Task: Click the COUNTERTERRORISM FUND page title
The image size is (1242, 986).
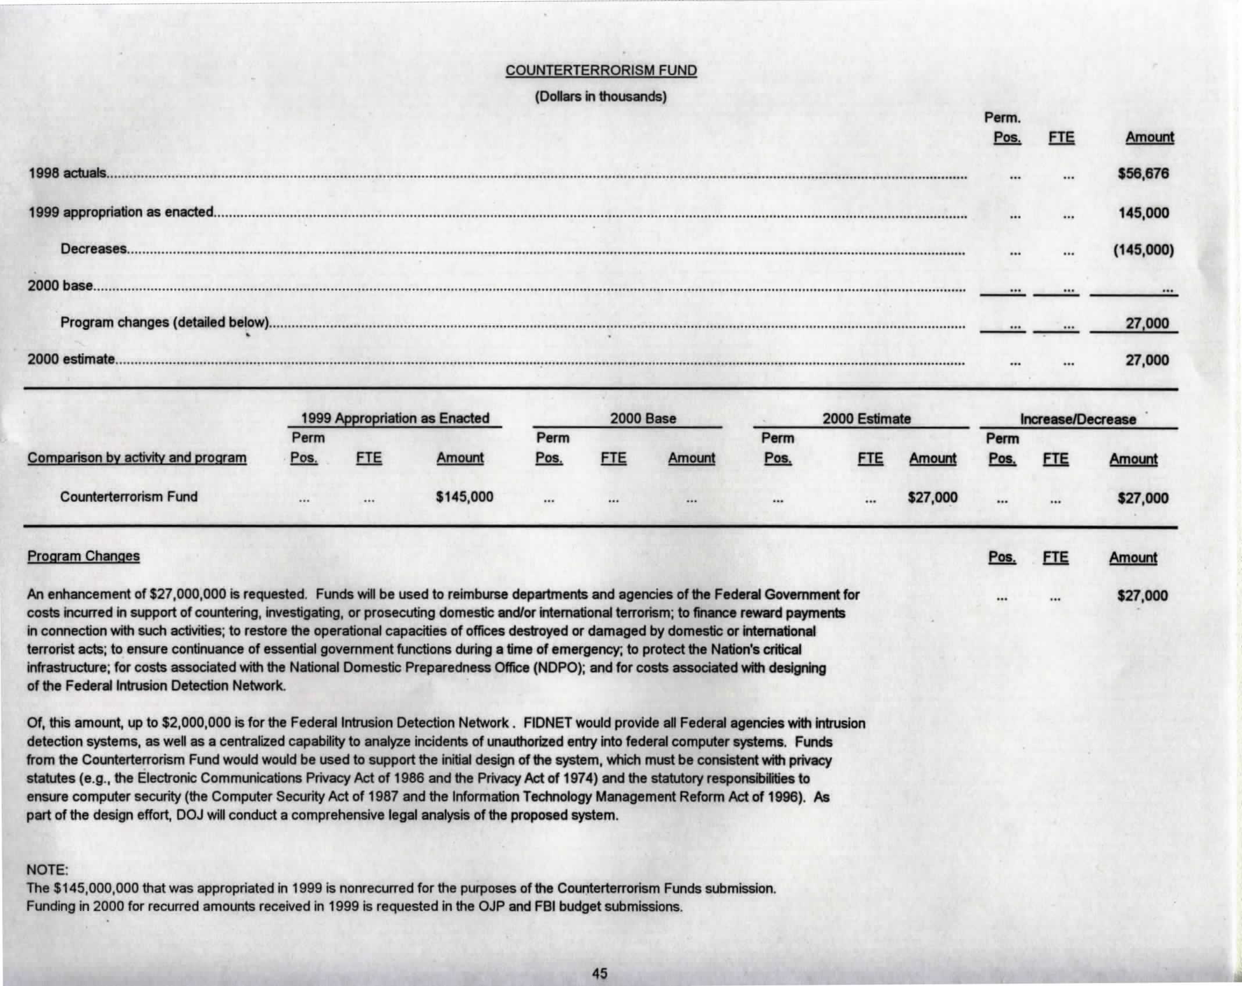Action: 600,71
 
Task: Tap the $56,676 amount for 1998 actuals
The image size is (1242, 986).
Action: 1143,174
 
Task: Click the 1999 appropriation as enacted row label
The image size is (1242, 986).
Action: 121,212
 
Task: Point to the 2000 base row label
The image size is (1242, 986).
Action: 60,286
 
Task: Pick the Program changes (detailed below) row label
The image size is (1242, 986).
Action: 164,322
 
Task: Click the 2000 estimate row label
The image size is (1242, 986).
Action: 71,359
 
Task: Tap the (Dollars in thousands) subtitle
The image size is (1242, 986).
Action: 600,96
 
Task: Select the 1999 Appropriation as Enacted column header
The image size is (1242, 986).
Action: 395,418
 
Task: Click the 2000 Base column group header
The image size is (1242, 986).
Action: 643,419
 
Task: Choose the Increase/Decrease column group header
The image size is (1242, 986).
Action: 1078,420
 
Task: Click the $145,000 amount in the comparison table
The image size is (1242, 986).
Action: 464,497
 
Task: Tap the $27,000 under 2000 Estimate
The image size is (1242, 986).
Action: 932,498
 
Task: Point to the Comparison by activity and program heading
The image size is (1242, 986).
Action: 137,458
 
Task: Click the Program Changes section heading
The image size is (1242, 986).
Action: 84,557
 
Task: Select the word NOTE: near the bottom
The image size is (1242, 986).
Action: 48,870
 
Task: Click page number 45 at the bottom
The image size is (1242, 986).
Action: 599,973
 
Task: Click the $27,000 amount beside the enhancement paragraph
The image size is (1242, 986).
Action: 1142,596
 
